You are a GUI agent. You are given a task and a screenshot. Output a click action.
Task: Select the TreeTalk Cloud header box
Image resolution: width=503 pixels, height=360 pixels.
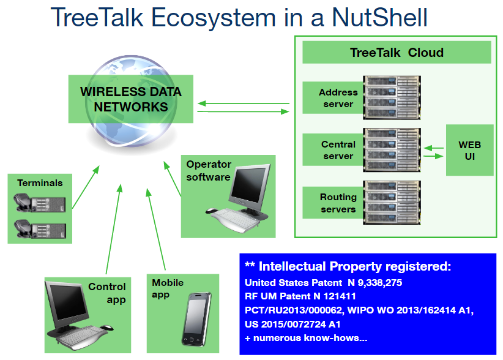coord(397,53)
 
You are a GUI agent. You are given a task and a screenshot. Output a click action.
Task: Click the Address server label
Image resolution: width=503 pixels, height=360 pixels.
coord(338,98)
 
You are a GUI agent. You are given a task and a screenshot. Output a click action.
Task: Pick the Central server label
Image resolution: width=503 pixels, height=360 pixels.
coord(338,150)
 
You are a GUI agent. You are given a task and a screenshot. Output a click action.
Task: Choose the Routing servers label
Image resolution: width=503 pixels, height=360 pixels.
coord(338,203)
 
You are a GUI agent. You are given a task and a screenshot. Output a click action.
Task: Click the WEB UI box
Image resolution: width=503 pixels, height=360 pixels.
coord(469,150)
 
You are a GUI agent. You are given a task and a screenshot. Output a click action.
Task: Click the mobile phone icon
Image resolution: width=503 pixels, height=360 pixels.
coord(196,319)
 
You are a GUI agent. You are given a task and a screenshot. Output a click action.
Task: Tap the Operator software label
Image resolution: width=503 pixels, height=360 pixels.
coord(209,171)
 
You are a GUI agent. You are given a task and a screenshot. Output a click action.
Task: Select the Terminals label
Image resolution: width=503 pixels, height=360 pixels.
coord(40,182)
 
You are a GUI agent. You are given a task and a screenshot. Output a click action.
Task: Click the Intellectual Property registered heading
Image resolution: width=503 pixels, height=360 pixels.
coord(348,266)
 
